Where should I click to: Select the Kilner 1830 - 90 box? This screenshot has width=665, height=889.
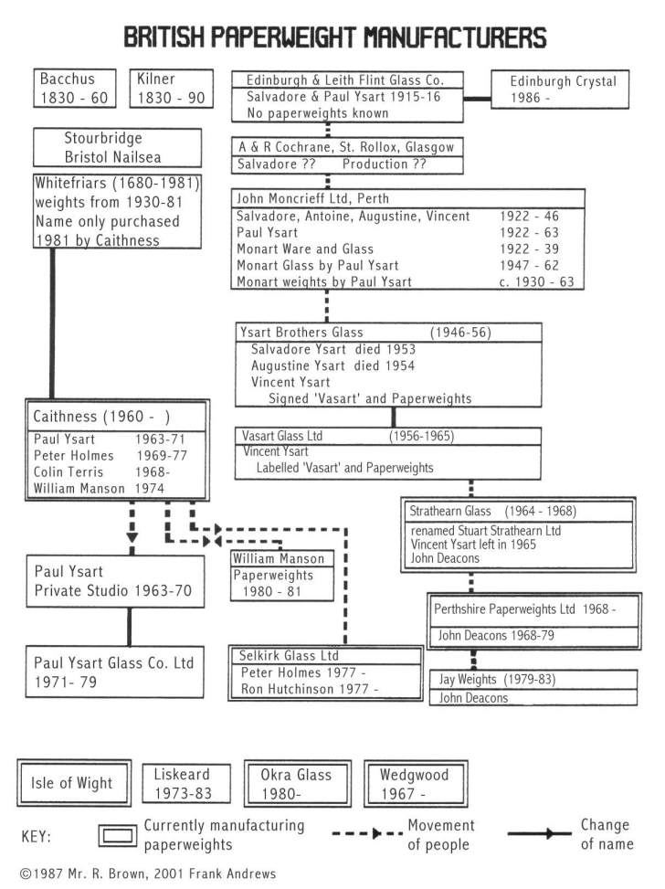(x=171, y=89)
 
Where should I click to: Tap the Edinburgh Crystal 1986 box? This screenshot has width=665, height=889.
(x=563, y=90)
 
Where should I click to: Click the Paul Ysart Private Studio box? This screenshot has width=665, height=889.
(x=113, y=581)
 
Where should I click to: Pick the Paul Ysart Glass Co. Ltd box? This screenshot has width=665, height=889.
(x=113, y=672)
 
